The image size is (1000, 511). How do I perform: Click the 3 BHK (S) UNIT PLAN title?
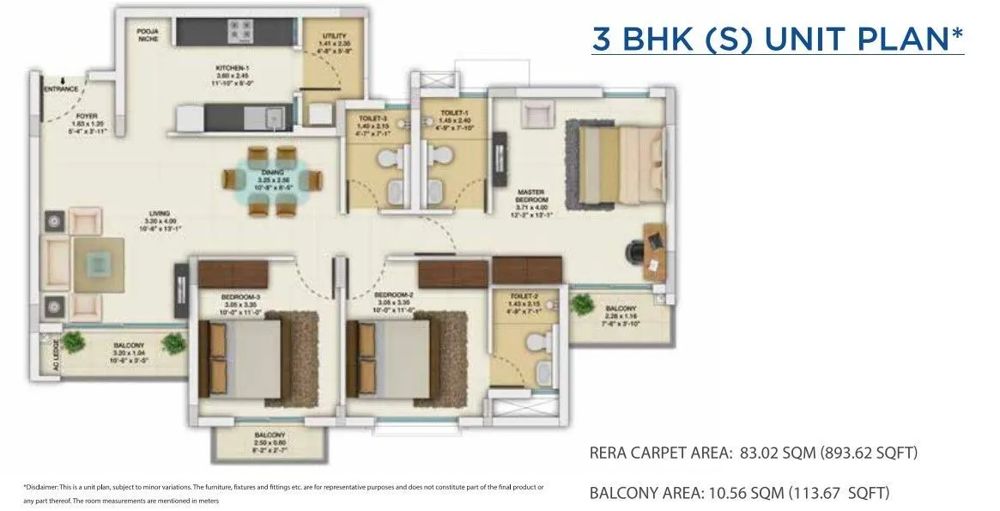tap(777, 40)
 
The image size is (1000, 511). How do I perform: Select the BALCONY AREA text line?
tap(739, 493)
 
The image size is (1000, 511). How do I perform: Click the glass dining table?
tap(274, 180)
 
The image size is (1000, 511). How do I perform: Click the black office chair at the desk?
tap(636, 250)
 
